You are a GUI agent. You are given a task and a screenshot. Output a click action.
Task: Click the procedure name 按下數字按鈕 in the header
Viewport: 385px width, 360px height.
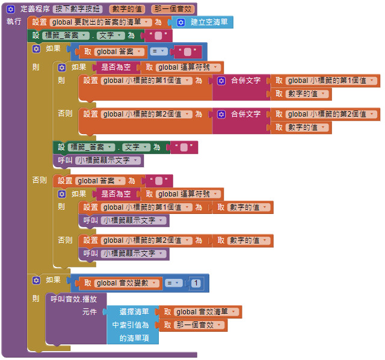pos(78,10)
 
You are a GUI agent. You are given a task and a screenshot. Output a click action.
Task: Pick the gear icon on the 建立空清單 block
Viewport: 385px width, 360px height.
pos(181,22)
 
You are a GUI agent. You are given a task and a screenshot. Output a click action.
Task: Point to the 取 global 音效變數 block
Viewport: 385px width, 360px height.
pos(118,283)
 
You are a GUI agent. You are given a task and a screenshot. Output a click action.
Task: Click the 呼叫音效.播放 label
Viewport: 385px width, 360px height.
pos(78,299)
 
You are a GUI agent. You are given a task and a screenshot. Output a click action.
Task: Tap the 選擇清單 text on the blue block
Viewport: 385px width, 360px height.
pos(134,311)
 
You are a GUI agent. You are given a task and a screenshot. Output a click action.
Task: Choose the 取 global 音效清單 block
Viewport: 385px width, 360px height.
pos(200,311)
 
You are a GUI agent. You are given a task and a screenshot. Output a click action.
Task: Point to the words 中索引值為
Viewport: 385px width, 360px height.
pos(131,325)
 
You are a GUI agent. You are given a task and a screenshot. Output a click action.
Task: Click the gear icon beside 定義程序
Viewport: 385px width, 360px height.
pos(10,10)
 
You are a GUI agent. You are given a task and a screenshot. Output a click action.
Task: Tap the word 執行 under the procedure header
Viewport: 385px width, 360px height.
pos(14,22)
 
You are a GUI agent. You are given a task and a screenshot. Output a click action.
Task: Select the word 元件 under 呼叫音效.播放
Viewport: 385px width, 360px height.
pos(89,311)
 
